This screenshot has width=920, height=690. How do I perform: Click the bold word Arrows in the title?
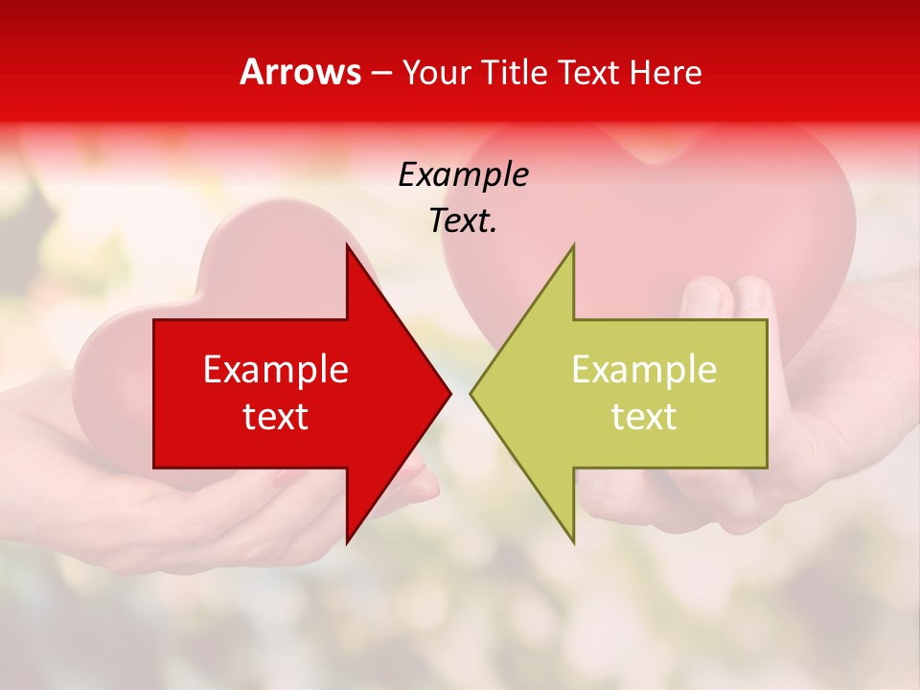pyautogui.click(x=300, y=72)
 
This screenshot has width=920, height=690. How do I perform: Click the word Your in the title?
pyautogui.click(x=435, y=73)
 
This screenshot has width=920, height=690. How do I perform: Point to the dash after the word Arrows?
pyautogui.click(x=380, y=74)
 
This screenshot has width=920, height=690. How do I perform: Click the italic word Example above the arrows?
pyautogui.click(x=463, y=174)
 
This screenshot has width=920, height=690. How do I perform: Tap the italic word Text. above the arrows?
pyautogui.click(x=463, y=221)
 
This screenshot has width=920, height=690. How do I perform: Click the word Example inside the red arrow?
pyautogui.click(x=276, y=369)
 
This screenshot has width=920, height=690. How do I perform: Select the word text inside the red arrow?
pyautogui.click(x=276, y=417)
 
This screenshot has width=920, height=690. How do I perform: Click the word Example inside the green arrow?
pyautogui.click(x=644, y=369)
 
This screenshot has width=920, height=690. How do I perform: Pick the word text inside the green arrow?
pyautogui.click(x=644, y=417)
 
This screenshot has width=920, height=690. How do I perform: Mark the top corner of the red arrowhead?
pyautogui.click(x=347, y=246)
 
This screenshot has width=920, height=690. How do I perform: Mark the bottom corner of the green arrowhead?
pyautogui.click(x=574, y=541)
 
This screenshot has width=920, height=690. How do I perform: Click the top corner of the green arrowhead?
pyautogui.click(x=573, y=246)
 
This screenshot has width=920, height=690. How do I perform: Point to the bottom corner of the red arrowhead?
pyautogui.click(x=347, y=541)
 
